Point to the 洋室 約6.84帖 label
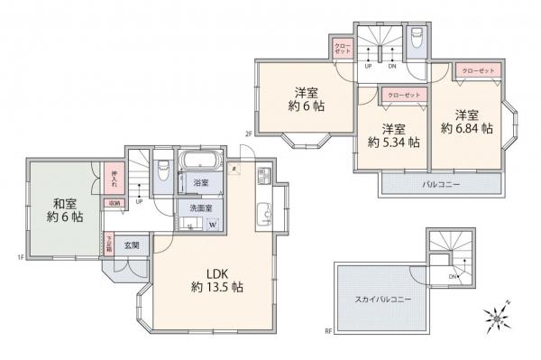point(466,122)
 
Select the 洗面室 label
point(199,208)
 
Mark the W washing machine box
point(213,226)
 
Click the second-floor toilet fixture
point(415,39)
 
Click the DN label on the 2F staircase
point(391,66)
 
